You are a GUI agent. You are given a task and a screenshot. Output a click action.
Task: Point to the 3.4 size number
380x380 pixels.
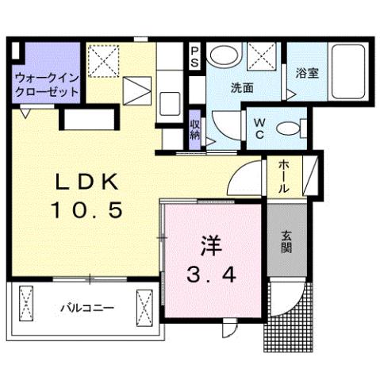[210, 275]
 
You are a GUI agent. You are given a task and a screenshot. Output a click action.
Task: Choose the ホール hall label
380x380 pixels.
[284, 176]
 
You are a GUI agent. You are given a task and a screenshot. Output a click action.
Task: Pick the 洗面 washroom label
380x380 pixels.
[243, 88]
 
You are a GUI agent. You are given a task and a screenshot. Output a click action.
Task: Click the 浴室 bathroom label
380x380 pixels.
[307, 74]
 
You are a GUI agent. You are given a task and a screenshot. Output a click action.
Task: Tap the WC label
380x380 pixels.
[259, 129]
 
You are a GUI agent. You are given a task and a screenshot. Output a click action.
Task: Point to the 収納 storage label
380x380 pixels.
[195, 127]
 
